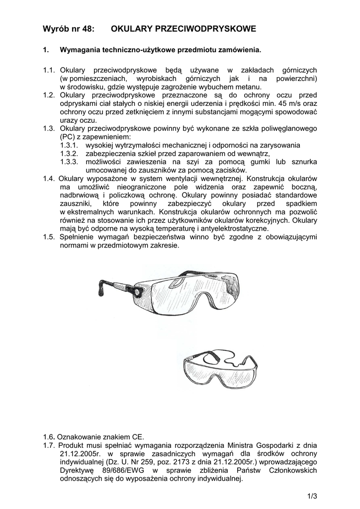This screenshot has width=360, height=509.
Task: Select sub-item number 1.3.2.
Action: [x=70, y=154]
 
